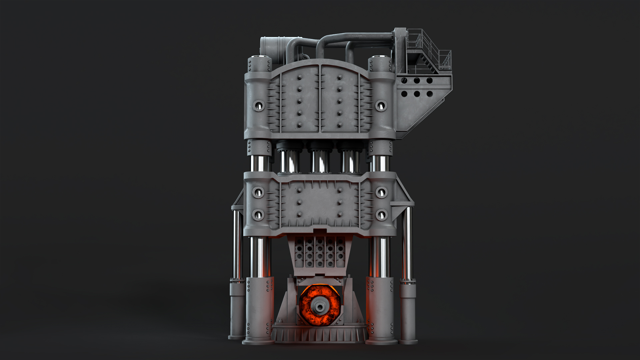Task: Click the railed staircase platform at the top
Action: point(428,53)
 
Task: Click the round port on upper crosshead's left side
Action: point(259,106)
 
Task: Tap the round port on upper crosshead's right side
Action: point(381,106)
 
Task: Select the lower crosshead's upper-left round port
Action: point(258,192)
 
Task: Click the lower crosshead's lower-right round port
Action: point(381,215)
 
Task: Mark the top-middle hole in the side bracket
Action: point(417,81)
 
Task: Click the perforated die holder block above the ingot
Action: point(319,253)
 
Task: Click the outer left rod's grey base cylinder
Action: point(237,310)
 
